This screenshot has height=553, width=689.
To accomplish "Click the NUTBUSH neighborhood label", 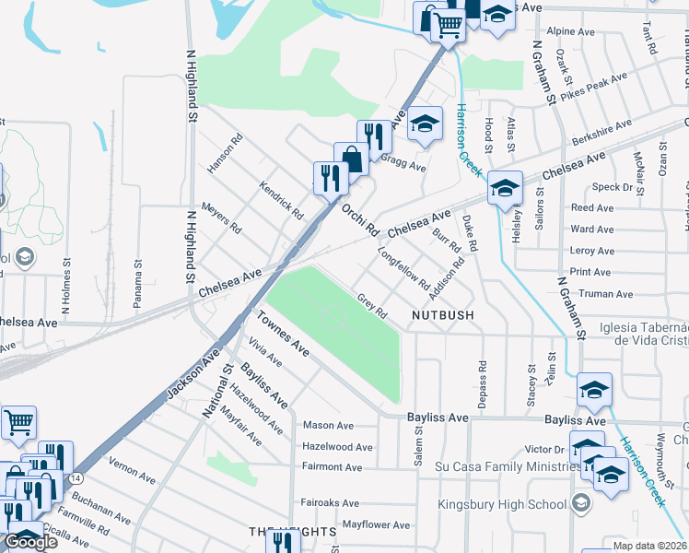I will (x=442, y=315).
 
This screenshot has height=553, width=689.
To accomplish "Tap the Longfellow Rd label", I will (x=403, y=266).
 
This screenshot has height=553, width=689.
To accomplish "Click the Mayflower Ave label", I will (x=375, y=525).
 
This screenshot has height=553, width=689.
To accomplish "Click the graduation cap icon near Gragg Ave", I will (x=425, y=124).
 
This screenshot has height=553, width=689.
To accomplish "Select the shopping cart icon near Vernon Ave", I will (x=18, y=423).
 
